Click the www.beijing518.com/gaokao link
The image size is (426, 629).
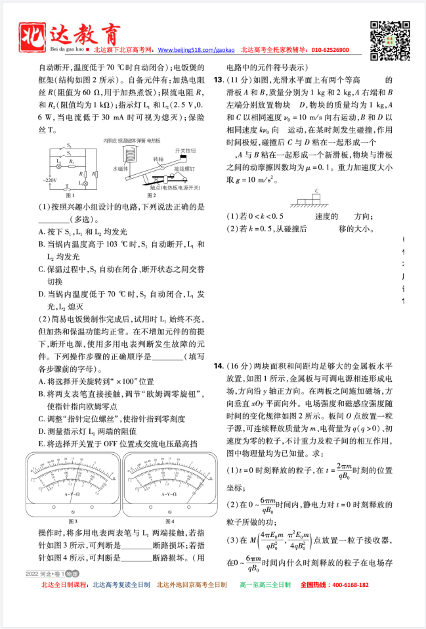[197, 50]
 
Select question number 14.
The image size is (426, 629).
[219, 365]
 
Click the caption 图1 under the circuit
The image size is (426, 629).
[70, 196]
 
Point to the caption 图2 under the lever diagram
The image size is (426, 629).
[152, 196]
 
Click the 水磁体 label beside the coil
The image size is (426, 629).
[119, 169]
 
